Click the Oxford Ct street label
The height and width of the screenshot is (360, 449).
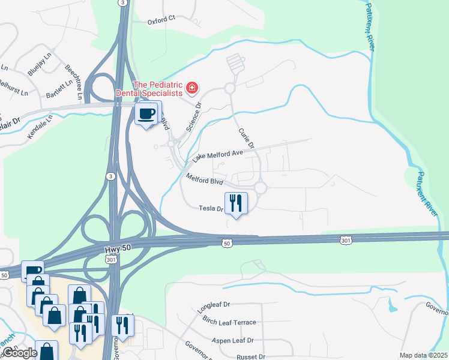point(161,20)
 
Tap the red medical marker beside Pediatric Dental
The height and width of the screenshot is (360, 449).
point(192,89)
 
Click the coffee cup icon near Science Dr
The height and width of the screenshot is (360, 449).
point(147,113)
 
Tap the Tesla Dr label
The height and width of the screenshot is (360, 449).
point(211,209)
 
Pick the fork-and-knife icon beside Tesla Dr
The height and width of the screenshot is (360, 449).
point(236,203)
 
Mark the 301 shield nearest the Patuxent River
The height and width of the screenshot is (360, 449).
point(346,240)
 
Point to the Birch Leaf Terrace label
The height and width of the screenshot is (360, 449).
point(229,322)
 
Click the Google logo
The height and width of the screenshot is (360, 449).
point(19,353)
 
